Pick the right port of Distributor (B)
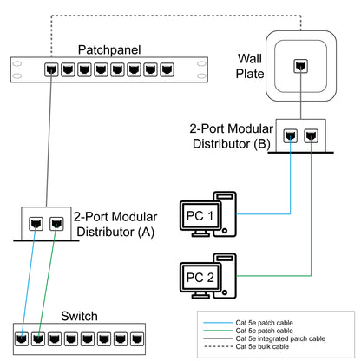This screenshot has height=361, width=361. click(311, 135)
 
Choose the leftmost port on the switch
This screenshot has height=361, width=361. click(21, 337)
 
